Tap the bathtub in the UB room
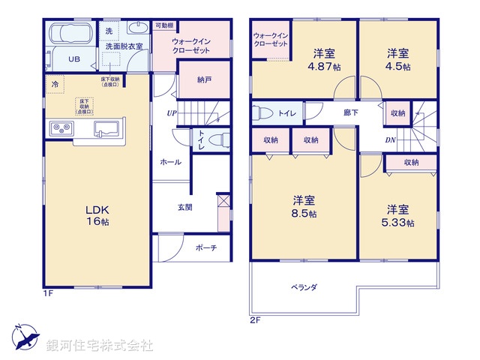coord(68,35)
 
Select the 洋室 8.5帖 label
coord(303,206)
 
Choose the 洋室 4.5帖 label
coord(398,59)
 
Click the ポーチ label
coord(206,247)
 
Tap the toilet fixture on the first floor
coord(217,140)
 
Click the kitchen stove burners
coord(60,127)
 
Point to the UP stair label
coord(172,113)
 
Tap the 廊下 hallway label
coord(350,113)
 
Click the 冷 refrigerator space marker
coord(54,84)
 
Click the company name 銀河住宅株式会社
coord(99,346)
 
